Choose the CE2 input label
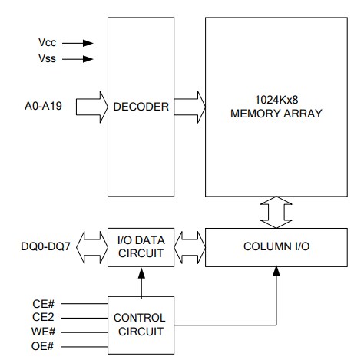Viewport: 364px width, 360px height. pyautogui.click(x=43, y=317)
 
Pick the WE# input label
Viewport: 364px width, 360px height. pyautogui.click(x=44, y=332)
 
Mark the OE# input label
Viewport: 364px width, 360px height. pyautogui.click(x=44, y=348)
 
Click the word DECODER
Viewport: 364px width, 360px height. pyautogui.click(x=141, y=107)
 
